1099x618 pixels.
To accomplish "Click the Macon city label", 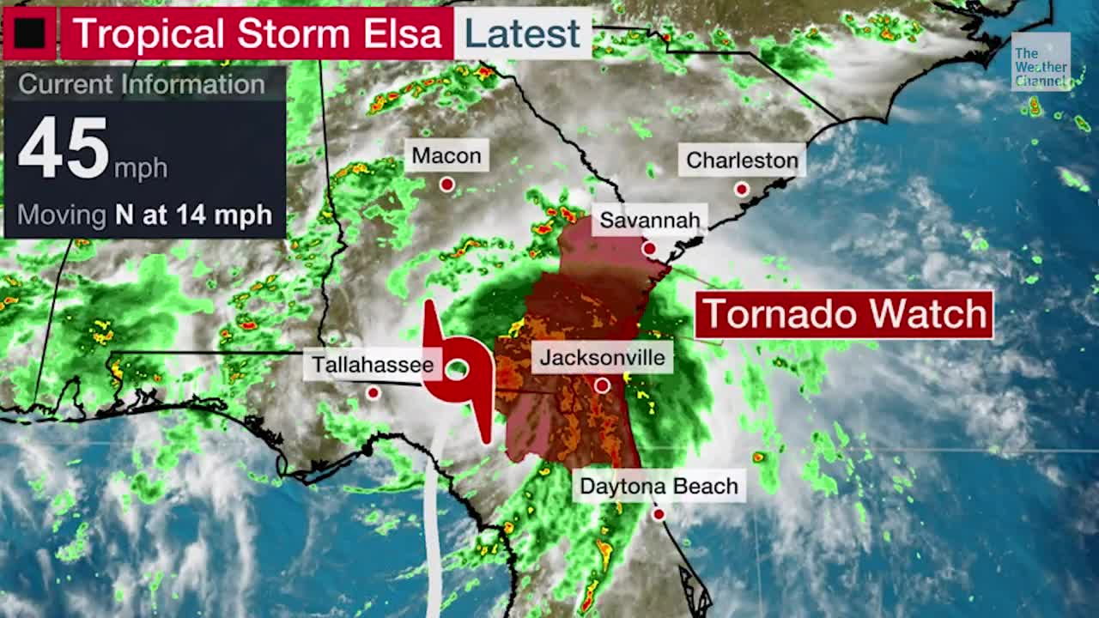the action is click(x=446, y=156).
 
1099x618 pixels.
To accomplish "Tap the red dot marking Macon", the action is click(x=446, y=185).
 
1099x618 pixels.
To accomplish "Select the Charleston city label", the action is click(x=742, y=161).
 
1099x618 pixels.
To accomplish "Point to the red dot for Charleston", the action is click(x=742, y=189).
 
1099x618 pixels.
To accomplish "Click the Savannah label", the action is click(x=650, y=221).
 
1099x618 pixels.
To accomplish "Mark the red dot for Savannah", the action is click(x=650, y=249).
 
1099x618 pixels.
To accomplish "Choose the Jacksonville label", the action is click(x=602, y=357).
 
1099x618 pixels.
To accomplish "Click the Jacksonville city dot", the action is click(x=602, y=386).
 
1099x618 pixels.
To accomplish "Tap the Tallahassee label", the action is click(x=373, y=365).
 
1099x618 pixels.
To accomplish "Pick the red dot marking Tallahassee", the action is click(x=373, y=393).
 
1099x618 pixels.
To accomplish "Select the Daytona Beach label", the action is click(x=659, y=487).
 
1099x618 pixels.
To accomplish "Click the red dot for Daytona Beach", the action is click(x=659, y=515).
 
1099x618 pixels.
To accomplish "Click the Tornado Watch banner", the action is click(x=844, y=315).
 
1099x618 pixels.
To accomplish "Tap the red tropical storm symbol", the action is click(x=458, y=370).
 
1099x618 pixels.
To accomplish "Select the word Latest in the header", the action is click(x=522, y=33).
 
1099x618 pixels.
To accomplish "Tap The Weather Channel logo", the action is click(x=1040, y=62).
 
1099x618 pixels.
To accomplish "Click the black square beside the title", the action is click(x=29, y=33).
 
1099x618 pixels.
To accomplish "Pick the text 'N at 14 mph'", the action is click(x=193, y=215).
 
